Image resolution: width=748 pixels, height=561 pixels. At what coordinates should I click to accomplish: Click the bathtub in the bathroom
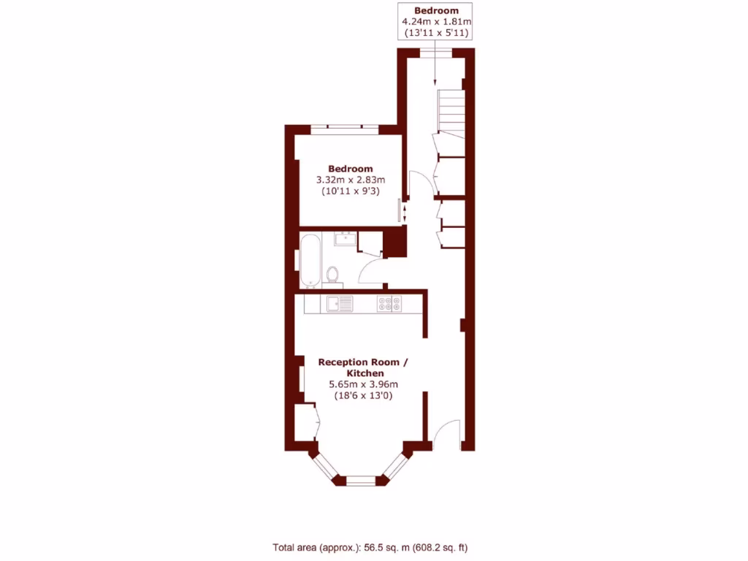(x=310, y=261)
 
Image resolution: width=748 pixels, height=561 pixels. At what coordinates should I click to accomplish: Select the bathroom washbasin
(x=343, y=239)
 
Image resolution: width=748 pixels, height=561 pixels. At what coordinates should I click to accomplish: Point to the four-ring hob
(x=388, y=303)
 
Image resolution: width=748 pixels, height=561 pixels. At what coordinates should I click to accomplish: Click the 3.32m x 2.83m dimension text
(x=350, y=180)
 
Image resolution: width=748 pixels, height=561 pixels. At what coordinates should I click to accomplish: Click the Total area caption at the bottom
(x=375, y=546)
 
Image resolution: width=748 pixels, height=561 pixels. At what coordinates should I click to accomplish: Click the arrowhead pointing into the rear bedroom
(x=435, y=81)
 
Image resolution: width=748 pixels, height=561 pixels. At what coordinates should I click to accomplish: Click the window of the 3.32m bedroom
(x=344, y=129)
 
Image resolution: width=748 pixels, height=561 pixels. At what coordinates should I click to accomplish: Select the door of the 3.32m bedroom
(x=414, y=183)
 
